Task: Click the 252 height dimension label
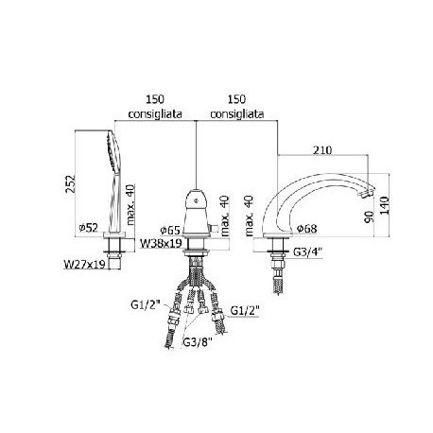[71, 183]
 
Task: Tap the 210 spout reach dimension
[322, 150]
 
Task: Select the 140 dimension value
[384, 205]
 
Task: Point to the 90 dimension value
[369, 216]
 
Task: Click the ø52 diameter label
[89, 227]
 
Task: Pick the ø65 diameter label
[170, 231]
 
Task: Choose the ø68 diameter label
[307, 228]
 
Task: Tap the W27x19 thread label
[84, 264]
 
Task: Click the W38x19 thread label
[162, 243]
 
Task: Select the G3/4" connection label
[307, 252]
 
